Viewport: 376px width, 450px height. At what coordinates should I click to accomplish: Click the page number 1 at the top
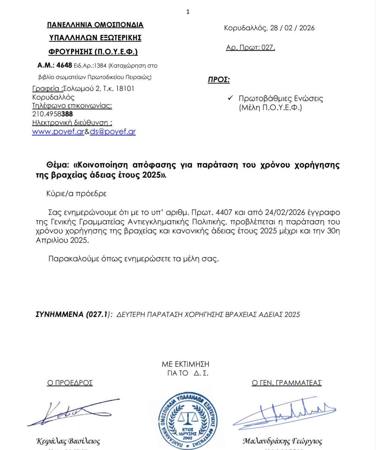click(188, 12)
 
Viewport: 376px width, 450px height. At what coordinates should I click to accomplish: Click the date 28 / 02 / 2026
click(292, 28)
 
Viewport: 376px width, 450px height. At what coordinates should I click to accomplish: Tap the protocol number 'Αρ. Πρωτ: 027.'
click(250, 47)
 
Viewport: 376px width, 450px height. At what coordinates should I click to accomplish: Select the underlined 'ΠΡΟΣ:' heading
click(219, 80)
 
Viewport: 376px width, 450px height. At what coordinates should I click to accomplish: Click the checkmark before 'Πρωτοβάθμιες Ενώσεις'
click(230, 98)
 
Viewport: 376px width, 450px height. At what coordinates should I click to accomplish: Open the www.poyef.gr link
click(58, 132)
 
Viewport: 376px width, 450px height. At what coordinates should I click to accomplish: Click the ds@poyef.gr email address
click(113, 132)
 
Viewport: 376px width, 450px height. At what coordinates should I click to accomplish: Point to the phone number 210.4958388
click(53, 114)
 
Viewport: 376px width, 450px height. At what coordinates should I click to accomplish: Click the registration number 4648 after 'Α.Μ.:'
click(64, 65)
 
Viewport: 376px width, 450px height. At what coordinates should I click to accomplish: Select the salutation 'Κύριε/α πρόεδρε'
click(76, 194)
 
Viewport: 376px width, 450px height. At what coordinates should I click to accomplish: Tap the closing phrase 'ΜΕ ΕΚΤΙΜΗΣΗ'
click(186, 364)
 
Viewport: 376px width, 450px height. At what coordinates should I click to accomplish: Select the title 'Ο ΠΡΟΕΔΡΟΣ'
click(70, 383)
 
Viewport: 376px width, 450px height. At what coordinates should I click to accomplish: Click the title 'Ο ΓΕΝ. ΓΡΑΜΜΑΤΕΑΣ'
click(287, 383)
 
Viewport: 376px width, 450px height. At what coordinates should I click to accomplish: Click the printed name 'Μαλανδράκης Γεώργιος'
click(282, 441)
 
